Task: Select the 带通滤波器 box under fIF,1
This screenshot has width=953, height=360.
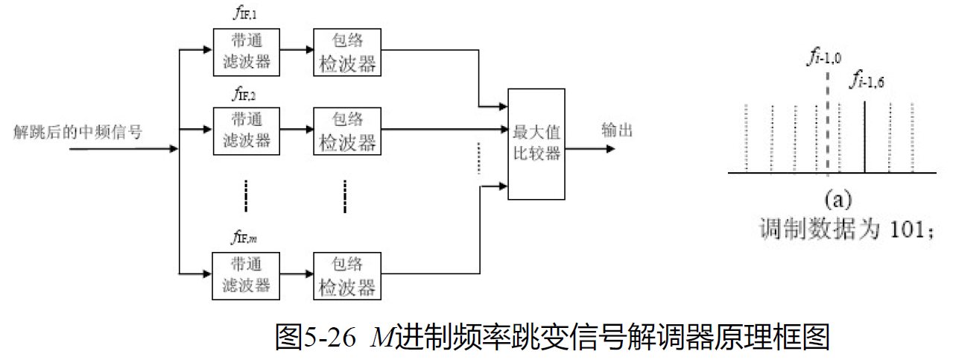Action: [x=247, y=51]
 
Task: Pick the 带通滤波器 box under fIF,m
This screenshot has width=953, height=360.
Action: [x=247, y=274]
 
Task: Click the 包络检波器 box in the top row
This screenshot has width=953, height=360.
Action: [x=347, y=51]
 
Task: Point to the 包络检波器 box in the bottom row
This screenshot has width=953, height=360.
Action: [x=347, y=274]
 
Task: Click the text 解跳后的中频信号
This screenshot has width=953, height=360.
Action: [x=77, y=132]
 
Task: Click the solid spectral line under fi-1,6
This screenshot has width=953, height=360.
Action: [x=864, y=138]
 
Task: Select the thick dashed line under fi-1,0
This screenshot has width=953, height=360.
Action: [x=828, y=127]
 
